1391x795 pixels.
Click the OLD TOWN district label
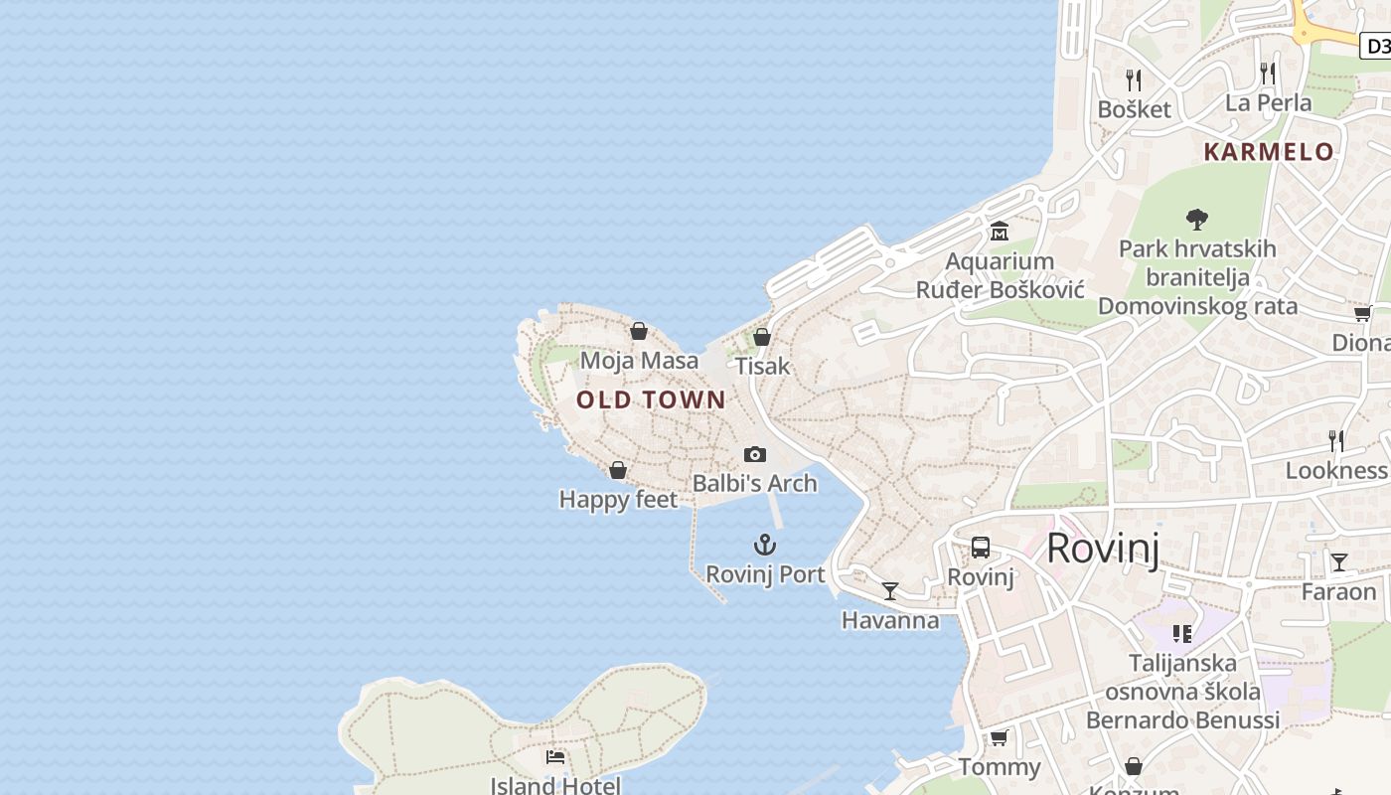coord(651,399)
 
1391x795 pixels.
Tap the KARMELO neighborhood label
coord(1269,152)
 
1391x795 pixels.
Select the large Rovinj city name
coord(1103,548)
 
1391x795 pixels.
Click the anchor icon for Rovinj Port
coord(764,545)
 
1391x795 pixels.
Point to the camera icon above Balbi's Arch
coord(755,454)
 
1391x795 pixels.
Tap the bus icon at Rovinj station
coord(981,548)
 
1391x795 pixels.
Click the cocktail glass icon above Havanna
coord(890,591)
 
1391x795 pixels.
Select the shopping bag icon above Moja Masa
coord(639,331)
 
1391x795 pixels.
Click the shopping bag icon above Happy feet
coord(618,470)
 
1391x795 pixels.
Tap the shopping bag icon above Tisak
coord(762,337)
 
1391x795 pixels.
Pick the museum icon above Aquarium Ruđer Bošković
coord(999,232)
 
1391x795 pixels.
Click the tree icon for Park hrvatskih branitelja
coord(1197,219)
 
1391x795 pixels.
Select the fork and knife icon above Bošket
coord(1134,79)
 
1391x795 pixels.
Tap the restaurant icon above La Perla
coord(1268,73)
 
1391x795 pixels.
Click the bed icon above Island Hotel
coord(555,757)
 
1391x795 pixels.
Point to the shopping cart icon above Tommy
coord(999,737)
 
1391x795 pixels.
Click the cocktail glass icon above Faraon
coord(1338,562)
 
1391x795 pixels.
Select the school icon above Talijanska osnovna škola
coord(1181,633)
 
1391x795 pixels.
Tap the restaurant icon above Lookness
coord(1336,440)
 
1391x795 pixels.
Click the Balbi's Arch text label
coord(754,483)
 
